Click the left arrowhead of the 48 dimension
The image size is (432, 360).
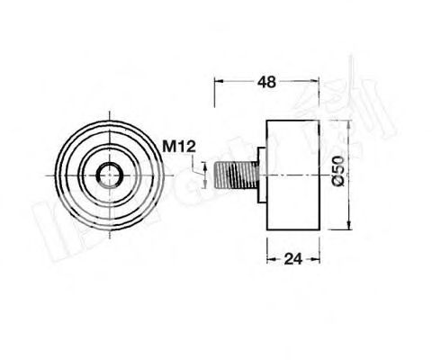coord(217,81)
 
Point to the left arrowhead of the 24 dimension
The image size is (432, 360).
coord(268,260)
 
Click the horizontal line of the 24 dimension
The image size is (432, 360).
coord(306,260)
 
